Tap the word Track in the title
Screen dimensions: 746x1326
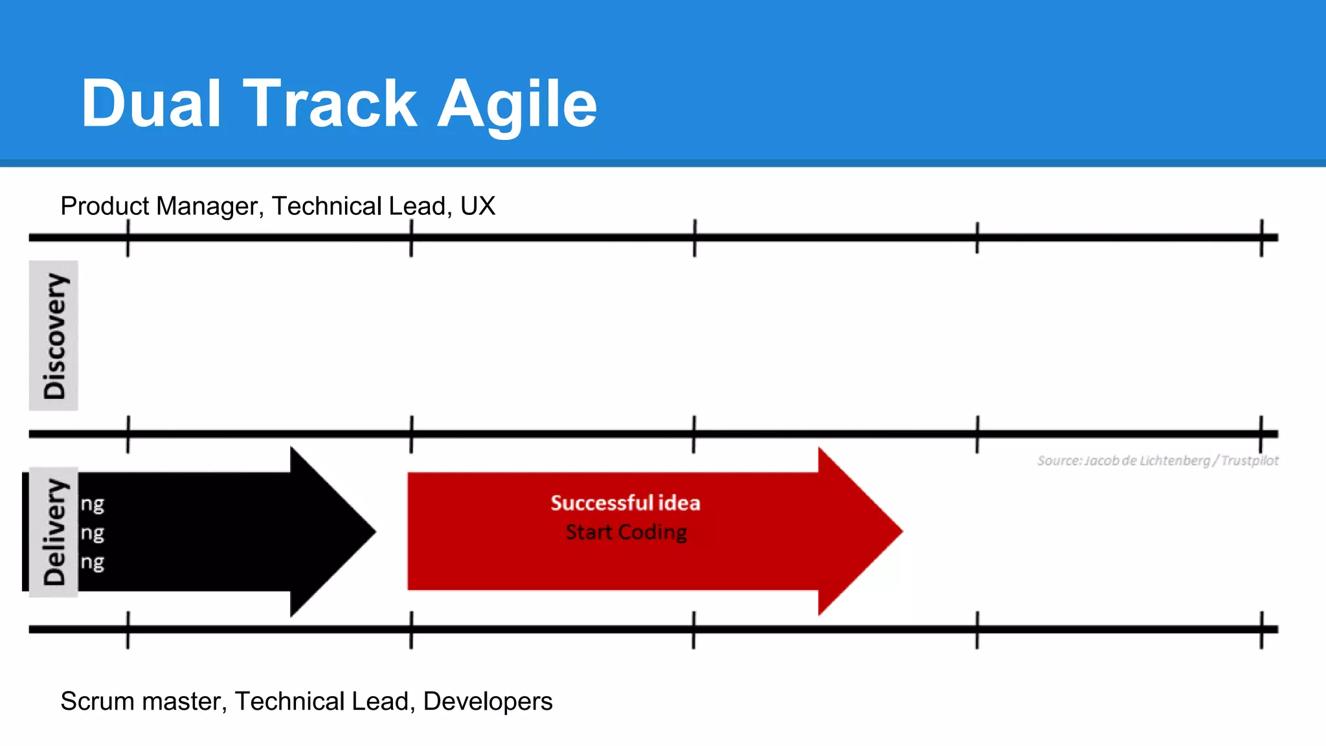tap(330, 104)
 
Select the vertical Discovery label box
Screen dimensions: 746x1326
tap(54, 335)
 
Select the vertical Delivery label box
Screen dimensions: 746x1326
tap(54, 532)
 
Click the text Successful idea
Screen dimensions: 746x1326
tap(625, 503)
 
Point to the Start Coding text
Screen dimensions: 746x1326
tap(626, 532)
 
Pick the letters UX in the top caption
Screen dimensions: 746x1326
tap(478, 206)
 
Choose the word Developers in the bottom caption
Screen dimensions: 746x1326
tap(488, 701)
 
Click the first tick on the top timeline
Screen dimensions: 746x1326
tap(128, 238)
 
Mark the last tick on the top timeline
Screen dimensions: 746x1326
tap(1261, 238)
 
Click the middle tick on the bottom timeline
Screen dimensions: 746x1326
tap(693, 629)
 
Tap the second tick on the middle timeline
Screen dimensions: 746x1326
tap(411, 434)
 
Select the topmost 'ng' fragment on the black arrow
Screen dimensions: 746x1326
tap(93, 504)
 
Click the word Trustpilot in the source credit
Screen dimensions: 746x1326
tap(1250, 460)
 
